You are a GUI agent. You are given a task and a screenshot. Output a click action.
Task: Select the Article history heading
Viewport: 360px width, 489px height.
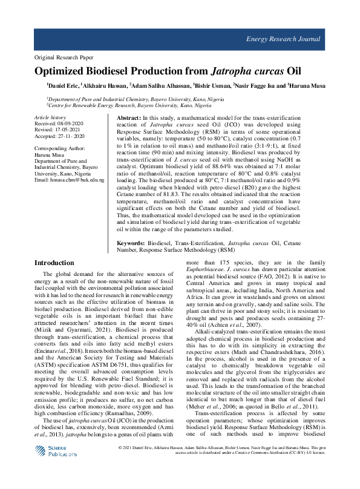51,116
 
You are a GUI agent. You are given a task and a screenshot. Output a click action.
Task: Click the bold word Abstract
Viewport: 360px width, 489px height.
128,117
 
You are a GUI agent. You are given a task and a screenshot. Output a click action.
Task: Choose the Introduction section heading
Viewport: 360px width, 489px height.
54,263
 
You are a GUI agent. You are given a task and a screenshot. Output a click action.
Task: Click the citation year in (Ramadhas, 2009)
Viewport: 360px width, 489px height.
148,412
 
